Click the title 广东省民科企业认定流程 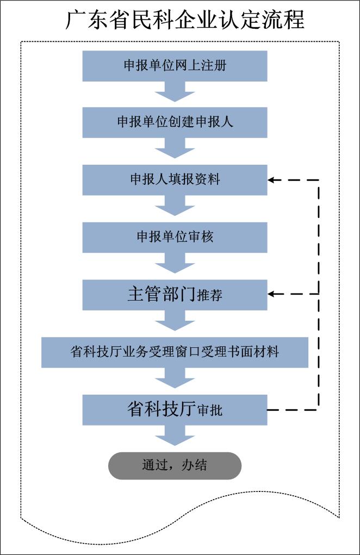pos(185,20)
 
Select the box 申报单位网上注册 pos(175,66)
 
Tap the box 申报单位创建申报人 pos(175,122)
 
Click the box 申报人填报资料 pos(175,180)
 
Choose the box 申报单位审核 pos(175,237)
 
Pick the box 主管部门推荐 pos(175,295)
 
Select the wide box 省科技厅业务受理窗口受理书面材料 pos(175,352)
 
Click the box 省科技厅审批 pos(175,410)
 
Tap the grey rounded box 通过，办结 pos(175,465)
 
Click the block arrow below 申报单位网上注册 pos(175,91)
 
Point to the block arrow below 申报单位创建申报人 pos(175,148)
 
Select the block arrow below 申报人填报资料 pos(175,205)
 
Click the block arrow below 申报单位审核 pos(175,263)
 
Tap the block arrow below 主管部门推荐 pos(175,320)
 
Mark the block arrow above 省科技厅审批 pos(175,378)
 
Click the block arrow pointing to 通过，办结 pos(175,435)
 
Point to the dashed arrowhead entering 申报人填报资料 pos(271,180)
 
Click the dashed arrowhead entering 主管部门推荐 pos(271,294)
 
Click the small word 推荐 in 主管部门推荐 pos(209,295)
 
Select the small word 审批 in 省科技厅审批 pos(209,410)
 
